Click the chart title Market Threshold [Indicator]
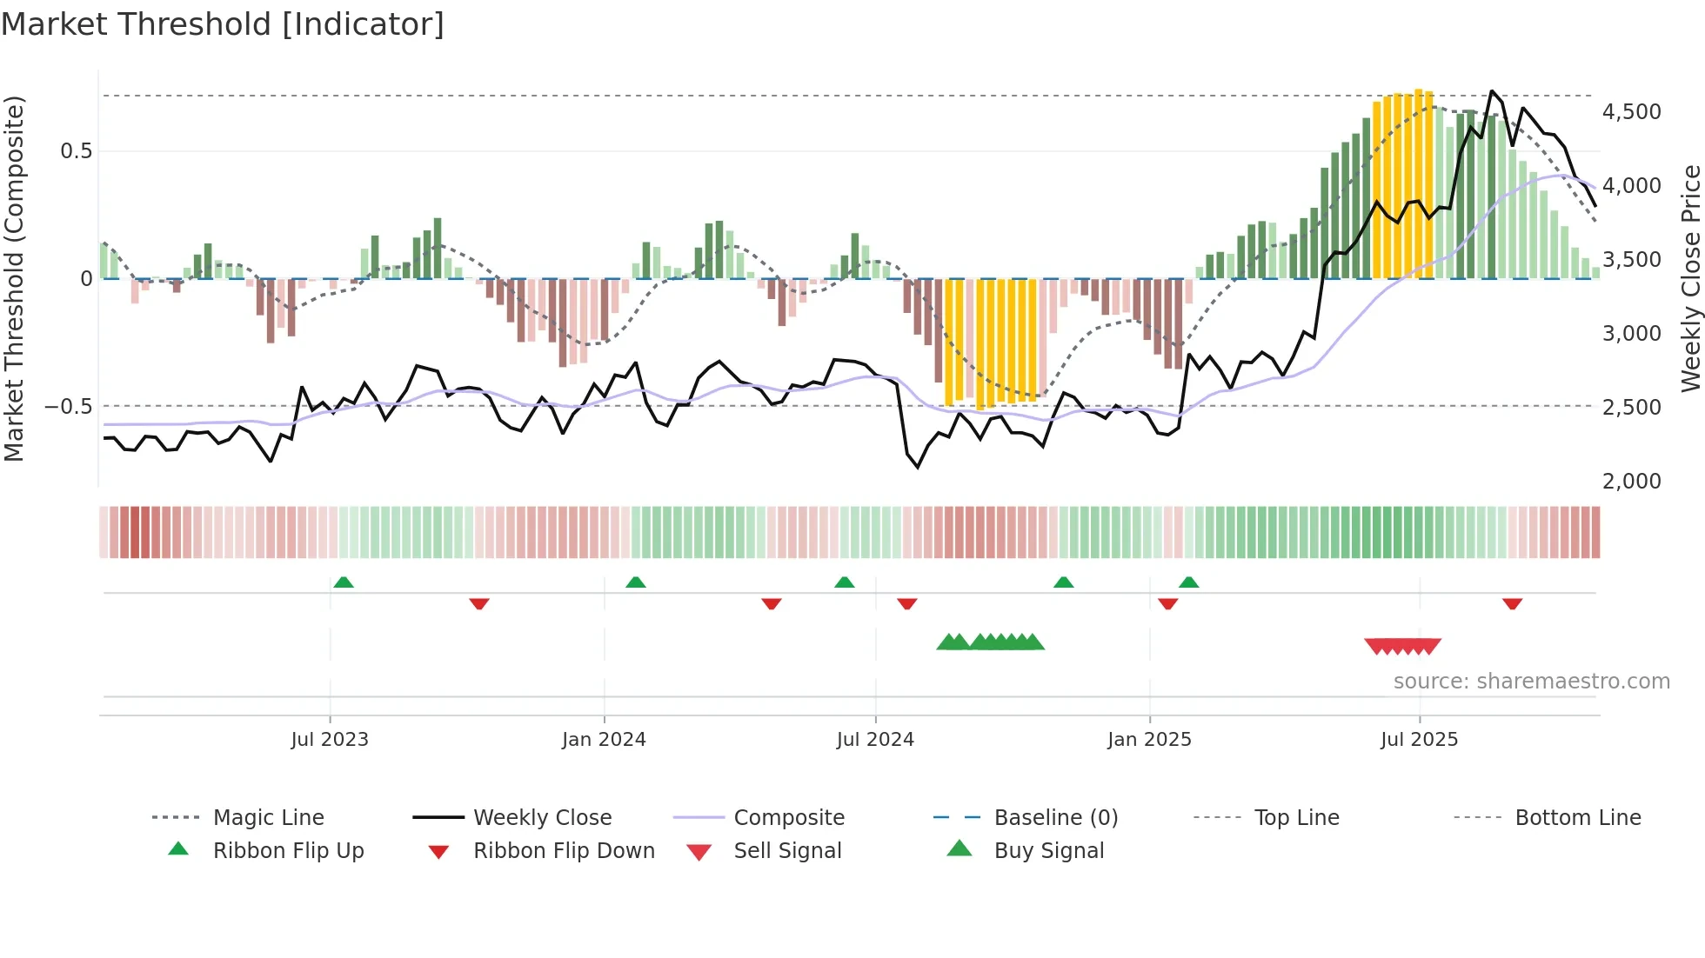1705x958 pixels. click(223, 24)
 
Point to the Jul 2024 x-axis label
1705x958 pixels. click(875, 739)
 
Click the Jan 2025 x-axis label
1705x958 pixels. click(1149, 739)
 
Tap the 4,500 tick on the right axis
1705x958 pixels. click(1631, 112)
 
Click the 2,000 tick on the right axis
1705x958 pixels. click(1631, 481)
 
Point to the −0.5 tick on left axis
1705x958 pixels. click(68, 406)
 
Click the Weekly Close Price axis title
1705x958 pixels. click(1690, 278)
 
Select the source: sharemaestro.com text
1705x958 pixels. click(1531, 681)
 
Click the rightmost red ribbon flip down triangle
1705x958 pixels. click(1512, 603)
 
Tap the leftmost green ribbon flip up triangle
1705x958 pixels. click(343, 582)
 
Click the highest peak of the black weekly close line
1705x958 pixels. click(1492, 90)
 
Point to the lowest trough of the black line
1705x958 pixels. click(918, 468)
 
